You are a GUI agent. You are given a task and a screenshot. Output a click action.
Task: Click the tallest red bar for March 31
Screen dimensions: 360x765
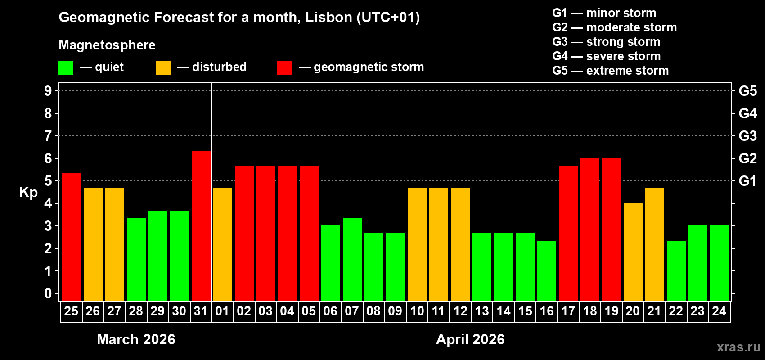click(x=201, y=225)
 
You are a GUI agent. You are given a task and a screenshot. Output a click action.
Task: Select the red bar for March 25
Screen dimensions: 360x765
click(x=72, y=237)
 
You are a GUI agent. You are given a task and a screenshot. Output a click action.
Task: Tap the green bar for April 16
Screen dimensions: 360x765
click(x=547, y=270)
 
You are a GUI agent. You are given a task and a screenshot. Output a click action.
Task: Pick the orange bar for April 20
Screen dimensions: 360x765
click(x=633, y=252)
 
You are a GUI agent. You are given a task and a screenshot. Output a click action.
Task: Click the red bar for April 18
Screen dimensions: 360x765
click(x=590, y=229)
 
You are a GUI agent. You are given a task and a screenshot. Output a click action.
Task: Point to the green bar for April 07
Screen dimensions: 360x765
click(x=352, y=259)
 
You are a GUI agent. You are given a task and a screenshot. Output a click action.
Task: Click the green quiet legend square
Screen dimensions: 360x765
click(x=66, y=68)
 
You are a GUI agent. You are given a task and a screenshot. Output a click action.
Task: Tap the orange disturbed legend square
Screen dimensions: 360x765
click(x=163, y=68)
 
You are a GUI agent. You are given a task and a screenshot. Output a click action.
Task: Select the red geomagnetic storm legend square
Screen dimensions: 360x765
click(x=284, y=68)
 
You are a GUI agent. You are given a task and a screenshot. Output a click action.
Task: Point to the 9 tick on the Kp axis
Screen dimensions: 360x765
click(x=48, y=91)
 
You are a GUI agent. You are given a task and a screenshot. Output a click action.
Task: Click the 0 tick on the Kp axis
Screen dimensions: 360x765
click(x=48, y=293)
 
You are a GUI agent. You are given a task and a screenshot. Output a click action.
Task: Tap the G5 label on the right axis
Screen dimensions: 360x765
click(x=747, y=91)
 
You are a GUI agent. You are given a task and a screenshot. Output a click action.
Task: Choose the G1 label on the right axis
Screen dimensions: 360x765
click(x=747, y=181)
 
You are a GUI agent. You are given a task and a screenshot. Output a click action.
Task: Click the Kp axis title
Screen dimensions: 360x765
click(x=28, y=192)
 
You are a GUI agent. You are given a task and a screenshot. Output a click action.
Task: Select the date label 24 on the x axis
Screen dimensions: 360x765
click(x=719, y=311)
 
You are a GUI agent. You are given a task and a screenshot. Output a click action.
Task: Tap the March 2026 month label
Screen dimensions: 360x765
click(x=136, y=339)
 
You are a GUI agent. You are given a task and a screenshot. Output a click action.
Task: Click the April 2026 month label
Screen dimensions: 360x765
click(x=470, y=339)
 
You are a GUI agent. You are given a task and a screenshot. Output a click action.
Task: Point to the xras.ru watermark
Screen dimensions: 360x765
click(x=738, y=347)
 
